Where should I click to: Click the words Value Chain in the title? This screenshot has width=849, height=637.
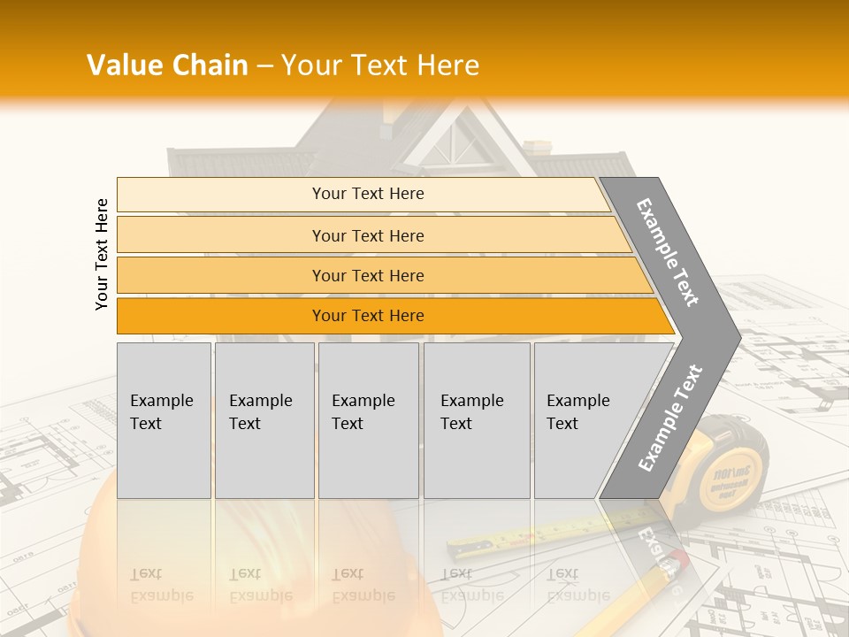[167, 65]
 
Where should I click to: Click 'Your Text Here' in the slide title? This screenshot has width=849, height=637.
[380, 65]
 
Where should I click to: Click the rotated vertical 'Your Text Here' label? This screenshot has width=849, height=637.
[102, 254]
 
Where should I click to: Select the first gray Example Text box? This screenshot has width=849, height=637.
[164, 420]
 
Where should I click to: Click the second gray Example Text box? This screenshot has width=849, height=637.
[264, 420]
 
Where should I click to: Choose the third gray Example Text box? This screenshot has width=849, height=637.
[368, 420]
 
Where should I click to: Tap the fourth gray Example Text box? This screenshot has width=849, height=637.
[477, 420]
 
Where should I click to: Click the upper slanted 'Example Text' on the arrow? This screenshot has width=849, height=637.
[669, 252]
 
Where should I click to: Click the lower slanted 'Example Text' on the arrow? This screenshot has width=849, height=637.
[670, 418]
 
